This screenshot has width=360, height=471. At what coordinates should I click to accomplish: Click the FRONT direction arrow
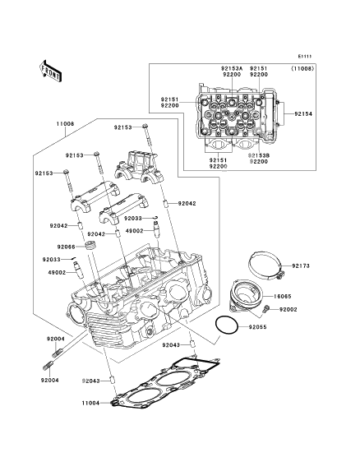pyautogui.click(x=50, y=71)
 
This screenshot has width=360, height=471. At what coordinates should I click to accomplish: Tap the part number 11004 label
pyautogui.click(x=90, y=403)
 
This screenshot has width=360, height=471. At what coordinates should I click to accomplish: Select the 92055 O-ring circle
pyautogui.click(x=227, y=325)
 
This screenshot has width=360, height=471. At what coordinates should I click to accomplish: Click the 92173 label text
pyautogui.click(x=301, y=266)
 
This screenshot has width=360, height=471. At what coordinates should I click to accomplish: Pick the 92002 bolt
pyautogui.click(x=265, y=308)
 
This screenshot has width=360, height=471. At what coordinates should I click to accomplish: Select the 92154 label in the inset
pyautogui.click(x=303, y=114)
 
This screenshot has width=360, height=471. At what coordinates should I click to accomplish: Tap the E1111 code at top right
pyautogui.click(x=305, y=56)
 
